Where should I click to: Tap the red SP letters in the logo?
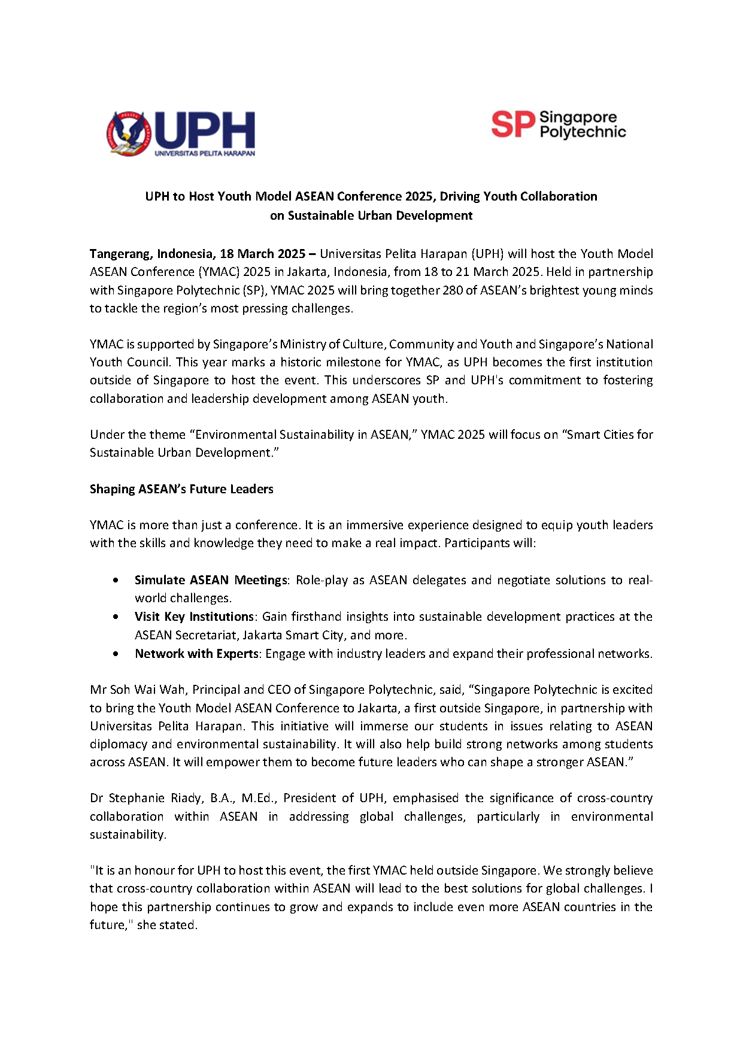click(x=512, y=125)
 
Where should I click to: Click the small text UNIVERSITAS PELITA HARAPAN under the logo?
click(x=205, y=153)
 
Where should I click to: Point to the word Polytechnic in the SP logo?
click(x=583, y=132)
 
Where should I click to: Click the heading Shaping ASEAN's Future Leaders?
click(x=181, y=489)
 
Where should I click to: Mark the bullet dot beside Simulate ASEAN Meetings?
click(x=116, y=580)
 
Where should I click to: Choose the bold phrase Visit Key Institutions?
click(x=194, y=617)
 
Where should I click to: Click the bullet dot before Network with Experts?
click(x=116, y=654)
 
